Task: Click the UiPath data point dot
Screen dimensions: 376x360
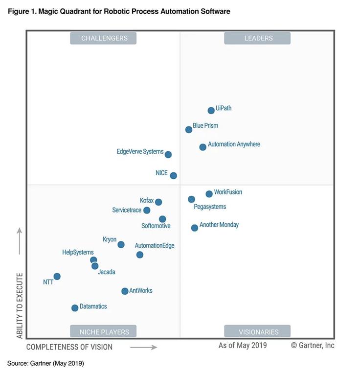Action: coord(211,111)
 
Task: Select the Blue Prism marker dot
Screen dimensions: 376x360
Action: coord(189,130)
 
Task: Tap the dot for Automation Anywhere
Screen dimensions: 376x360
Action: coord(203,147)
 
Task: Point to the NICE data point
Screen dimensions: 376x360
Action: coord(173,175)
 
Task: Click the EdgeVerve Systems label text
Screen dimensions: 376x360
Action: coord(140,152)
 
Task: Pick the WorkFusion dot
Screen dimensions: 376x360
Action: coord(209,194)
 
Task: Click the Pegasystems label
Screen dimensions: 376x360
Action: coord(210,207)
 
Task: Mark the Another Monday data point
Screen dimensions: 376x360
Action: coord(195,228)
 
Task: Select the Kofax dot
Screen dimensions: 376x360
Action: coord(158,202)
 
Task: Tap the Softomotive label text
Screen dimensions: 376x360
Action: coord(156,226)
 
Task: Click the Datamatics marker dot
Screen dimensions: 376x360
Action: coord(75,308)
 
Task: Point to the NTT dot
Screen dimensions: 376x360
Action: coord(57,277)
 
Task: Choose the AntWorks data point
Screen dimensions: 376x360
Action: coord(125,291)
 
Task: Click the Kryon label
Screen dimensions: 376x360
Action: coord(110,239)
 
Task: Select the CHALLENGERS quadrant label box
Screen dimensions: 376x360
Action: coord(103,38)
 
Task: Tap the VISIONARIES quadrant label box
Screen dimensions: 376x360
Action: coord(257,331)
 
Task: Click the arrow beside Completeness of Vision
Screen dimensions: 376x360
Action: coord(143,347)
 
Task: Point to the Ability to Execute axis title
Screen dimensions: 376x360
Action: coord(20,305)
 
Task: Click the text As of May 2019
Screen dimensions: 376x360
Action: coord(243,345)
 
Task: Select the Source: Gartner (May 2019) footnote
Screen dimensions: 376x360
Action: coord(45,363)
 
